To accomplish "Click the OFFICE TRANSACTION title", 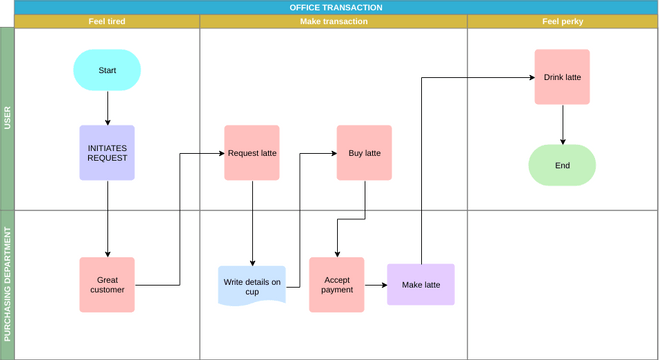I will pyautogui.click(x=335, y=7).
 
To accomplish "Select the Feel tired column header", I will pyautogui.click(x=107, y=21).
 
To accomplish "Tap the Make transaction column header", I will pyautogui.click(x=333, y=21).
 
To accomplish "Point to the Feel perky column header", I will pyautogui.click(x=562, y=21).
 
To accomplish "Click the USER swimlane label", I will pyautogui.click(x=7, y=119).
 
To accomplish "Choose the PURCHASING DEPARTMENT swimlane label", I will pyautogui.click(x=7, y=284).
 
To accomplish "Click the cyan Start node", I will pyautogui.click(x=107, y=70).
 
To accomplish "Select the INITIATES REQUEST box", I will pyautogui.click(x=107, y=153).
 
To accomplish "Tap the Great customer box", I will pyautogui.click(x=107, y=285).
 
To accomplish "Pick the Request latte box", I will pyautogui.click(x=252, y=153).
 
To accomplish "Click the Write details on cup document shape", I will pyautogui.click(x=252, y=286).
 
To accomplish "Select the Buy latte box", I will pyautogui.click(x=364, y=153).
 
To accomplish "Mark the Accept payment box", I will pyautogui.click(x=336, y=285).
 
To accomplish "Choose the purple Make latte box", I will pyautogui.click(x=420, y=285).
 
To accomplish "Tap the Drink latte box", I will pyautogui.click(x=562, y=77).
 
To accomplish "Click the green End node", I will pyautogui.click(x=562, y=165).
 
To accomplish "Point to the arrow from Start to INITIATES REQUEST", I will pyautogui.click(x=107, y=108).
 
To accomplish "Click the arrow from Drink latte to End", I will pyautogui.click(x=562, y=125).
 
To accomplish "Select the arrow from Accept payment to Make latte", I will pyautogui.click(x=375, y=285).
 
